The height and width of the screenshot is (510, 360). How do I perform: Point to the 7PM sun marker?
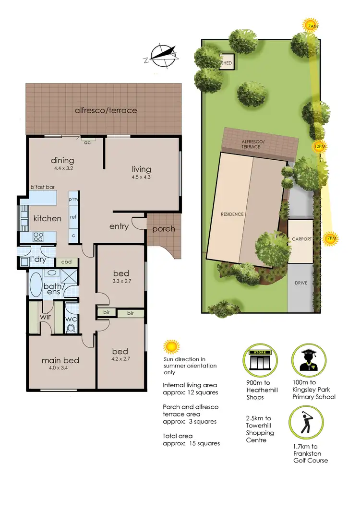(330, 238)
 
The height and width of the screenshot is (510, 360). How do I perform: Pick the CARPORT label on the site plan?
(301, 239)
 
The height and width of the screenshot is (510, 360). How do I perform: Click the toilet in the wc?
(71, 328)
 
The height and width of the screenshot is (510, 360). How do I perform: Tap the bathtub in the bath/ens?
(36, 285)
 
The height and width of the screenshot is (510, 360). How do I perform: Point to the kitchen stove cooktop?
(37, 236)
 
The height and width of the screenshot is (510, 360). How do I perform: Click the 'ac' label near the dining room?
(87, 142)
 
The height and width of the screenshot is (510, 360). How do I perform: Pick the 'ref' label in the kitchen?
(73, 217)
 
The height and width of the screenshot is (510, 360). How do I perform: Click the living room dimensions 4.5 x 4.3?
(142, 178)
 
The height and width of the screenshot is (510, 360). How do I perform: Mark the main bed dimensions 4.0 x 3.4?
(60, 368)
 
